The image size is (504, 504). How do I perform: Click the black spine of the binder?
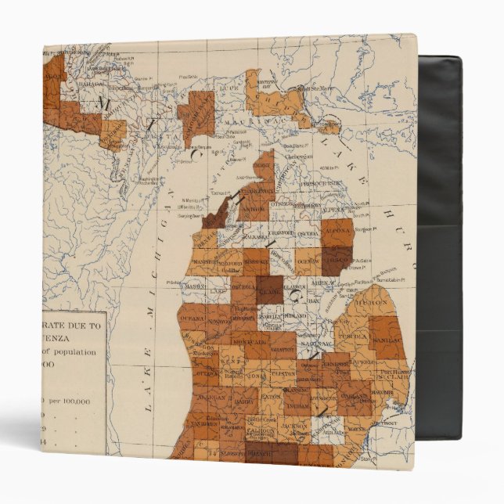(439, 250)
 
